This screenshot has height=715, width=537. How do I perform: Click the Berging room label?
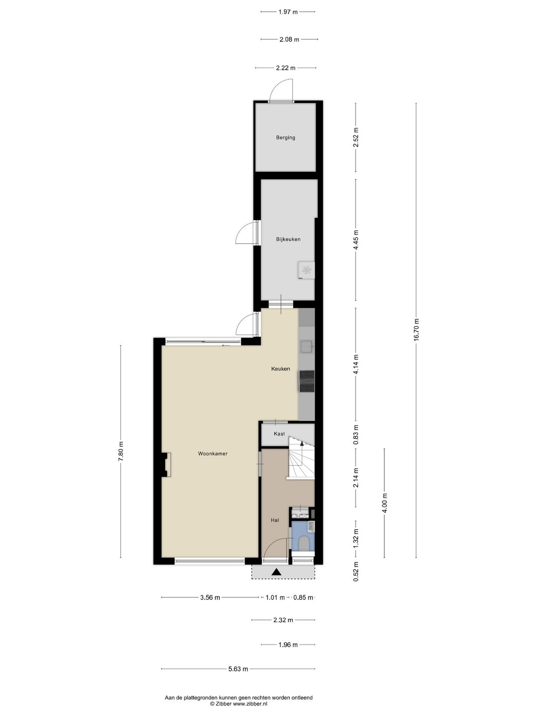point(285,138)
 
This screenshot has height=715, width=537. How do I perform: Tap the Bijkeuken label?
point(288,239)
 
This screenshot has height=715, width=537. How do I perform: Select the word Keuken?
point(280,369)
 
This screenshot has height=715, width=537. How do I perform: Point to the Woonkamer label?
point(213,453)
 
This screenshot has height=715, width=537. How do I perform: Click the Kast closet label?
point(279,433)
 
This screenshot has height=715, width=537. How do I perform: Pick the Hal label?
point(274,520)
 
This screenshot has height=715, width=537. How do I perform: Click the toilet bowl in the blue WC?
point(304,543)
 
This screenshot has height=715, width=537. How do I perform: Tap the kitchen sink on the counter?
point(306,347)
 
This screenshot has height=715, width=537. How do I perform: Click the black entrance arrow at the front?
point(276,572)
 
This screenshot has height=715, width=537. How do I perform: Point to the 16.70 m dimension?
point(416,330)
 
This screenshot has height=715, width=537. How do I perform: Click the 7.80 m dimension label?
point(121,451)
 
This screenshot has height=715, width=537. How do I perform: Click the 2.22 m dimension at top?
point(285,68)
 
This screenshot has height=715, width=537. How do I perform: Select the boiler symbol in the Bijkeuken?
point(306,270)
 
